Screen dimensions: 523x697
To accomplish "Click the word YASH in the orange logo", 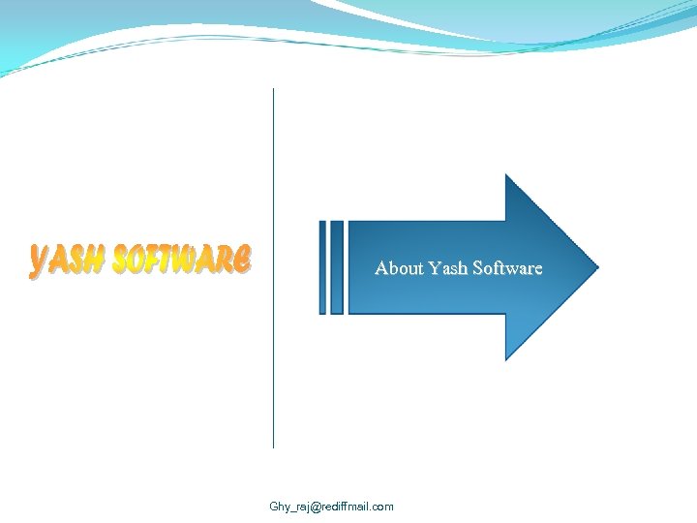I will click(68, 261).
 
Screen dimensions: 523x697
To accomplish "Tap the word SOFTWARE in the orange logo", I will click(183, 260).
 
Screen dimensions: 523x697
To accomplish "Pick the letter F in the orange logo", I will click(159, 260).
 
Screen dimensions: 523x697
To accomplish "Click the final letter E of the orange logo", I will click(242, 259).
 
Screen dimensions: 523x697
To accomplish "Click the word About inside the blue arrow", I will click(399, 267).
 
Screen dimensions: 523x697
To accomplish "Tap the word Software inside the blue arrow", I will click(507, 267).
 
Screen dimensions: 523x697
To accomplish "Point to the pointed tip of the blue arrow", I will click(596, 267).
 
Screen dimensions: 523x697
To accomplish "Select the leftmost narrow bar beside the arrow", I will click(323, 267).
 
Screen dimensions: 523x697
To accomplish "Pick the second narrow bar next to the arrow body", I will click(337, 267).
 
